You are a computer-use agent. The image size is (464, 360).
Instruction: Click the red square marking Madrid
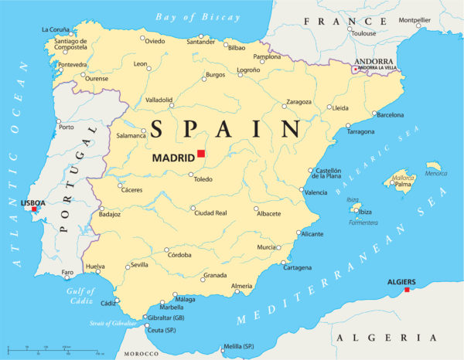pyautogui.click(x=201, y=154)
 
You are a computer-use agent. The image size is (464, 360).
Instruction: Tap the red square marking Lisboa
pyautogui.click(x=34, y=209)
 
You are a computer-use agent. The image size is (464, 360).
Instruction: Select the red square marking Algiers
pyautogui.click(x=408, y=290)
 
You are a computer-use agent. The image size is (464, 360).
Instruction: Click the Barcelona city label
pyautogui.click(x=389, y=115)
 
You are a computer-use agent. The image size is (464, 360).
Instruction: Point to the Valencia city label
pyautogui.click(x=316, y=192)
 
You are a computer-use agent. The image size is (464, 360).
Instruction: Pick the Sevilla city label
pyautogui.click(x=139, y=265)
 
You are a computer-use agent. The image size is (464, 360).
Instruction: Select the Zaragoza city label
pyautogui.click(x=299, y=102)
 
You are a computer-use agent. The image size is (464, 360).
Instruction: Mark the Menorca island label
pyautogui.click(x=435, y=173)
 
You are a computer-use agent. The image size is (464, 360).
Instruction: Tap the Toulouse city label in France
pyautogui.click(x=363, y=33)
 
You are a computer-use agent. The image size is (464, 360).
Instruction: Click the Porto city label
pyautogui.click(x=67, y=127)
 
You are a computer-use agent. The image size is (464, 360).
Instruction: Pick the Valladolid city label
pyautogui.click(x=159, y=100)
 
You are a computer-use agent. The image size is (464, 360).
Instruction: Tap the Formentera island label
pyautogui.click(x=363, y=222)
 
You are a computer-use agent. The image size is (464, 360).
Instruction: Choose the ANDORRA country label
pyautogui.click(x=374, y=61)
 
